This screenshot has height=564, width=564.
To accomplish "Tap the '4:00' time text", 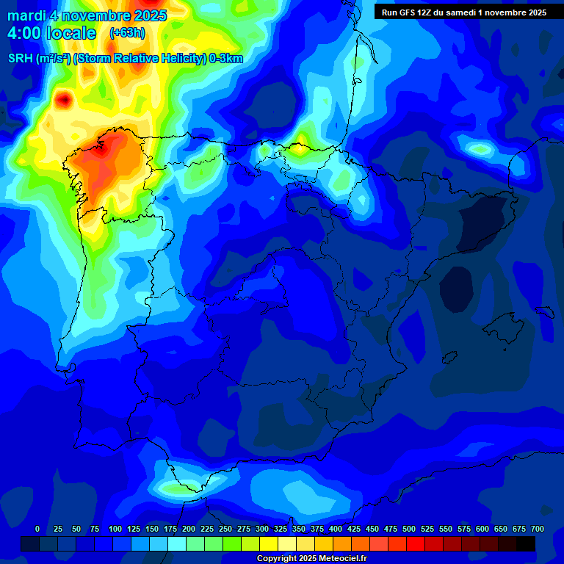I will [x=23, y=34].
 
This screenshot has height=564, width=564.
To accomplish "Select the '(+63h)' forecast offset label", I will [x=127, y=33].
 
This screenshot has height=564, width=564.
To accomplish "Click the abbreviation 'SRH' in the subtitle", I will [x=21, y=59].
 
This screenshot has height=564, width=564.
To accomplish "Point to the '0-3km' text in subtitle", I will [x=226, y=59].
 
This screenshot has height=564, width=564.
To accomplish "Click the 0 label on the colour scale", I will [x=37, y=529].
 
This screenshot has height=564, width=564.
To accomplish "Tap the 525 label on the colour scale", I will [x=427, y=529].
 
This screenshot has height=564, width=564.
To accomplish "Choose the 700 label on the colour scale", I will [x=537, y=529].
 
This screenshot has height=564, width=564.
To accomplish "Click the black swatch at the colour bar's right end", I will [x=526, y=543].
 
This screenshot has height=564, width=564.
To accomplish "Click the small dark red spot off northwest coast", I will [x=64, y=98].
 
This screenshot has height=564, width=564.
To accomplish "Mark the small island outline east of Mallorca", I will [x=544, y=311].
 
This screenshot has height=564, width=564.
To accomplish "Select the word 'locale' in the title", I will [x=70, y=34].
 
